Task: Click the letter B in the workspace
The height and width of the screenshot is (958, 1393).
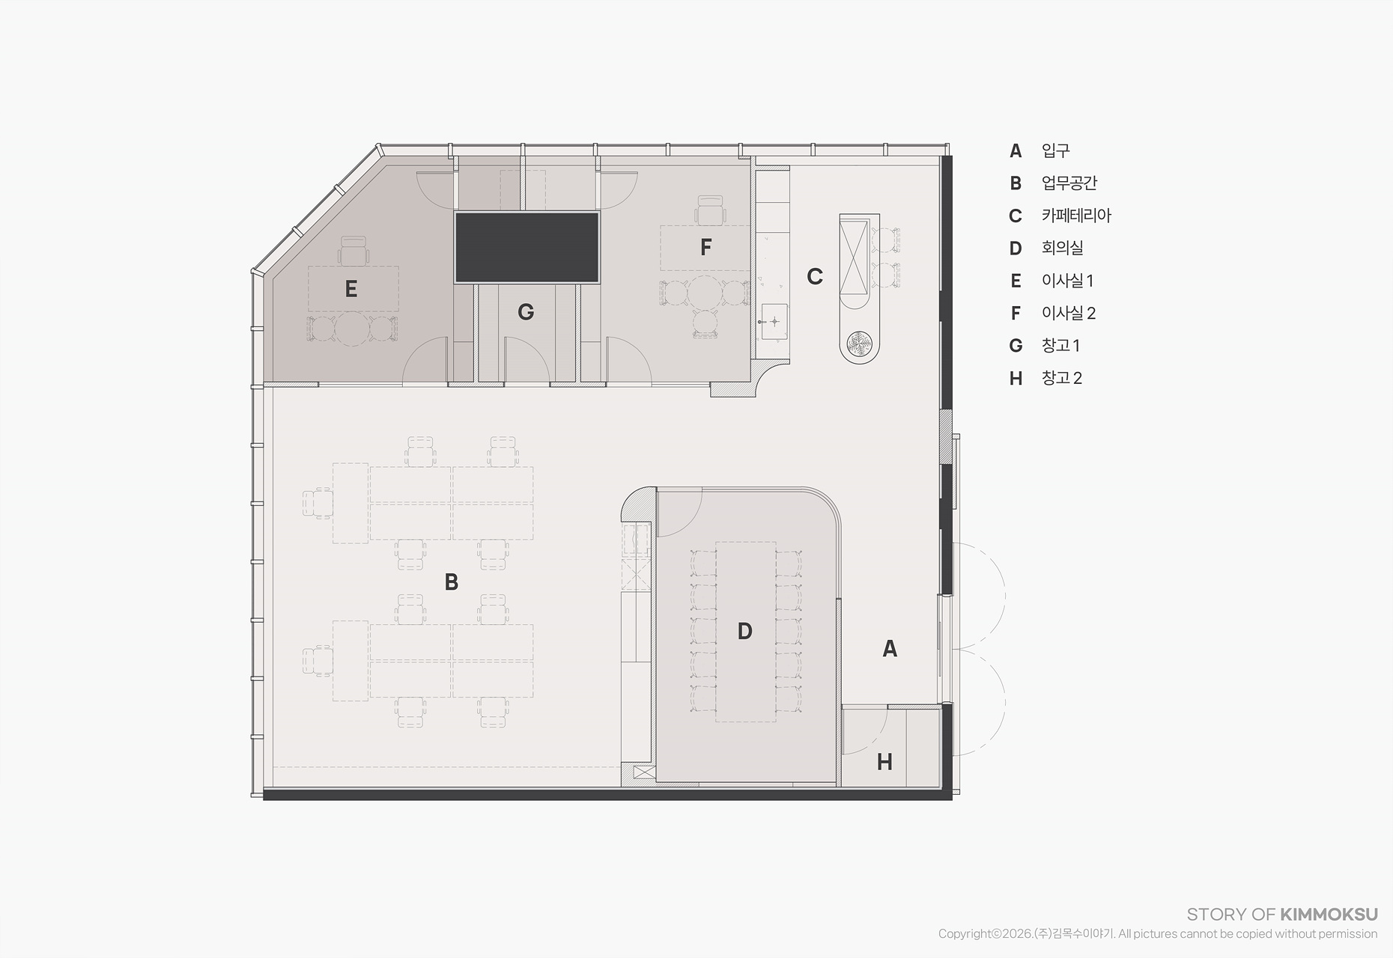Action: point(451,582)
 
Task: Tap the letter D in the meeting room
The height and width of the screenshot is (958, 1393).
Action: point(744,631)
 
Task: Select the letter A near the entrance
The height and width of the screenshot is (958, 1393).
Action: point(890,648)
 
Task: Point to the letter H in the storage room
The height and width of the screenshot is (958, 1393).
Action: point(884,762)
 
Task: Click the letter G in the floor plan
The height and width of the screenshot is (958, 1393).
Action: point(526,312)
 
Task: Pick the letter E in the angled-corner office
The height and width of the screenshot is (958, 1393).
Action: point(351,289)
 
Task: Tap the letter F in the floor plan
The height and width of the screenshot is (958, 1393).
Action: point(705,247)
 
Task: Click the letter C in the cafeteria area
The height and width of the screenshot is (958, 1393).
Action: point(815,276)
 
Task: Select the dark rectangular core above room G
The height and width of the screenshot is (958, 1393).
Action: point(527,247)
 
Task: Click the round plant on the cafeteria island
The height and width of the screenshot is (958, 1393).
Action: point(859,344)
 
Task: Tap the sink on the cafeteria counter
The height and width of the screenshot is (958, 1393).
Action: point(774,321)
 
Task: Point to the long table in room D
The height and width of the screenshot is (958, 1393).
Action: point(745,632)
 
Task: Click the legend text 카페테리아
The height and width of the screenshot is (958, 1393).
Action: point(1076,216)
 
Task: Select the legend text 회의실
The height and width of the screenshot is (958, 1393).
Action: point(1062,248)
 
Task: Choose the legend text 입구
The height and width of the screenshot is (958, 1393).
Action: point(1055,150)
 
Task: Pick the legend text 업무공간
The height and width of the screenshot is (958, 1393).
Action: point(1069,183)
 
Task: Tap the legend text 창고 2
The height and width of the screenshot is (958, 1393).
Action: point(1061,378)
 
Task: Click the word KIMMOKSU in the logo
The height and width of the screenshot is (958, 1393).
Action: point(1329,914)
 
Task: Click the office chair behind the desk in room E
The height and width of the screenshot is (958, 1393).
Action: point(353,251)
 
